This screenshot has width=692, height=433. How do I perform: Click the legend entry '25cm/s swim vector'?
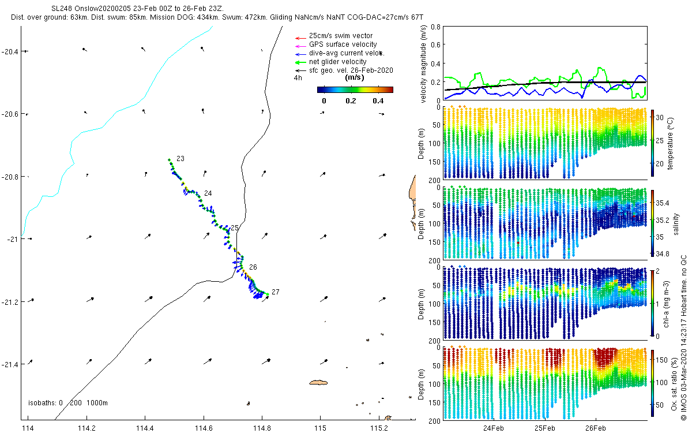click(341, 36)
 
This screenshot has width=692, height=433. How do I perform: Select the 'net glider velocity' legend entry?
click(338, 62)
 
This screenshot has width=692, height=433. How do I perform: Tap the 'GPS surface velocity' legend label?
click(343, 44)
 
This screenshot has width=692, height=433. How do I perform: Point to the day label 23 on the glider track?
click(180, 159)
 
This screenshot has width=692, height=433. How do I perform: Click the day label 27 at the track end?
click(276, 292)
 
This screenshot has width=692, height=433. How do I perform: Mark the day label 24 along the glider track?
click(208, 193)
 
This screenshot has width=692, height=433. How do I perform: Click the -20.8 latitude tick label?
click(10, 177)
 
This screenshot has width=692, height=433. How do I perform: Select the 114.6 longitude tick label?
click(204, 428)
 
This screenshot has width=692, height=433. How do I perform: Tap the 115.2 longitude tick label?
click(379, 428)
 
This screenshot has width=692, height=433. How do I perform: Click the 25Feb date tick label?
click(545, 428)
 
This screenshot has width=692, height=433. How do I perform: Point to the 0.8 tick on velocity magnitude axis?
click(435, 27)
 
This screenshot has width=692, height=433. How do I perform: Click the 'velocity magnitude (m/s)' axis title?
click(423, 64)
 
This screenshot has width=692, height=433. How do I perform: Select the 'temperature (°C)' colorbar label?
click(670, 144)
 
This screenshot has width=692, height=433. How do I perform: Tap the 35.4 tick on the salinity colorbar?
click(663, 203)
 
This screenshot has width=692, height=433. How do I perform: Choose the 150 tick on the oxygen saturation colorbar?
click(662, 360)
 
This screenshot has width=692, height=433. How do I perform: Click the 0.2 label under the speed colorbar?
click(351, 101)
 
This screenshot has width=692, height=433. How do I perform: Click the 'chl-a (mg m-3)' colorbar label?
click(666, 304)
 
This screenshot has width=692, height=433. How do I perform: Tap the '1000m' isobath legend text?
click(97, 403)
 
